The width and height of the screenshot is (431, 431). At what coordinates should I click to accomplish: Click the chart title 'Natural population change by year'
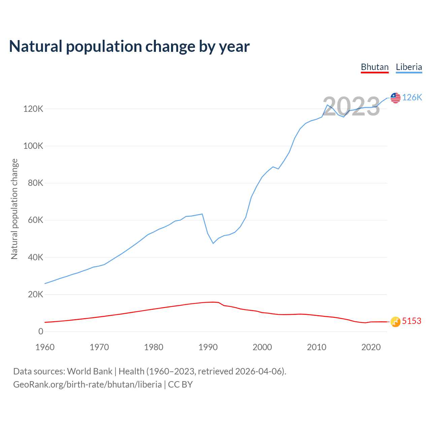coord(129,46)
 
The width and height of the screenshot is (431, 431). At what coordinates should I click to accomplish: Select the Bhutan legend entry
coord(375,67)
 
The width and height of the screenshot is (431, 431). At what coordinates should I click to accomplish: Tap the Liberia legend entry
coord(409,67)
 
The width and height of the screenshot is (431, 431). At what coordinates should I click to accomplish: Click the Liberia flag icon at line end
coord(395,98)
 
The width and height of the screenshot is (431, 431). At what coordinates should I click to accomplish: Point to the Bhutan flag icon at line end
coord(395,322)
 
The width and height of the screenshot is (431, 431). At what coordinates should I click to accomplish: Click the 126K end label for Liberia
coord(412,97)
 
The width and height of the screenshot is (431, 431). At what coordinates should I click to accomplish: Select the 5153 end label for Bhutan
coord(411,321)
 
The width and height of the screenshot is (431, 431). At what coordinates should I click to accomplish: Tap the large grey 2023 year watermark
coord(351,106)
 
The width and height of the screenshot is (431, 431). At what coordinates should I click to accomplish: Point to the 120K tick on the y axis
coord(33,109)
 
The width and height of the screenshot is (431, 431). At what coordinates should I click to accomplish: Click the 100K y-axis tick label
coord(33,146)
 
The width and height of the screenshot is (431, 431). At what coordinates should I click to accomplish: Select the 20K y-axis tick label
coord(35,295)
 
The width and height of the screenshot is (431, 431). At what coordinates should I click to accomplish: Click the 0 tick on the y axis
coord(41,332)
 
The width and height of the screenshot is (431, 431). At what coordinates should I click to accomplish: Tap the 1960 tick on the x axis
coord(45,347)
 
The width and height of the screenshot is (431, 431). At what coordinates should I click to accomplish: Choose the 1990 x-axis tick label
coord(208,347)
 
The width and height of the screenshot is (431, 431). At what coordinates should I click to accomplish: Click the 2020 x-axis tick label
coord(371,347)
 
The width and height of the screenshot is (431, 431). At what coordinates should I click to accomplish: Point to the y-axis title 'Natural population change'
coord(14,209)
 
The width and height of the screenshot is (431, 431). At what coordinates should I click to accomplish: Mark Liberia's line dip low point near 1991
coord(213,243)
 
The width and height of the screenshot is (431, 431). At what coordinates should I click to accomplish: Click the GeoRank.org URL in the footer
coord(87,385)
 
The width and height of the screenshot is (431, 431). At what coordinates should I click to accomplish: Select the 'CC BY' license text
coord(180,385)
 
